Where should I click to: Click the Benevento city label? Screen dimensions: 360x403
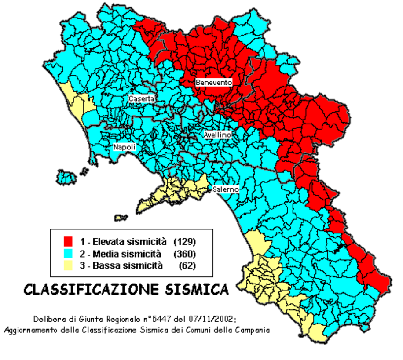tap(214, 82)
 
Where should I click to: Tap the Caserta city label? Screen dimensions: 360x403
tap(141, 99)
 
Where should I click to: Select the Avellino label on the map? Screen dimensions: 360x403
tap(217, 135)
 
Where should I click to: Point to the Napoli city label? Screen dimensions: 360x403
tap(124, 147)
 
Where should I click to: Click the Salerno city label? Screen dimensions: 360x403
tap(225, 189)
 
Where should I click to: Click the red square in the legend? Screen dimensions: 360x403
tap(68, 242)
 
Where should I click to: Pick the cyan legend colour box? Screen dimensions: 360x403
tap(68, 254)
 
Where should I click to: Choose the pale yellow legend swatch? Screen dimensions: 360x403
tap(68, 265)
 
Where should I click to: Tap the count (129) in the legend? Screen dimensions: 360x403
tap(184, 242)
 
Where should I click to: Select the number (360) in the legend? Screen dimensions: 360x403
tap(184, 254)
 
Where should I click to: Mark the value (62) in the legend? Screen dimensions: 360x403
tap(187, 265)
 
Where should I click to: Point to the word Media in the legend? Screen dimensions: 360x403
tap(105, 254)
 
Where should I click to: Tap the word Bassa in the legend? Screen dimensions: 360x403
tap(105, 265)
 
